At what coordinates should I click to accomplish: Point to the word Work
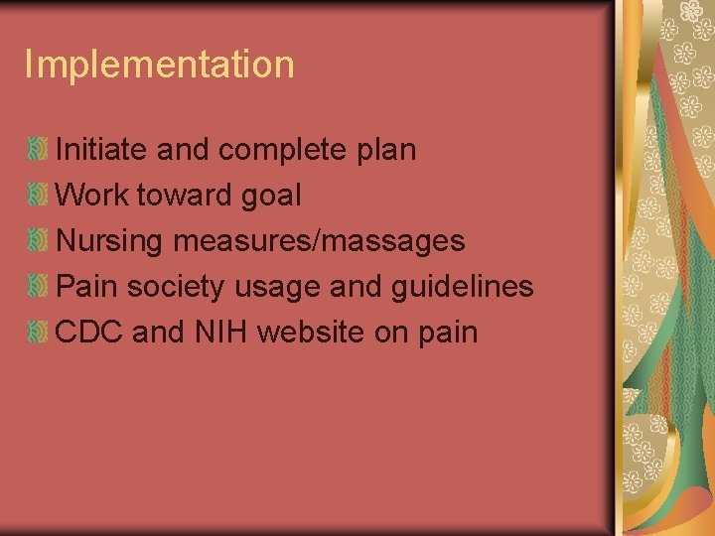pyautogui.click(x=92, y=196)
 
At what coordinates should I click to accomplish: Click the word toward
pyautogui.click(x=184, y=196)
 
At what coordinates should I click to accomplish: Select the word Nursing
pyautogui.click(x=110, y=241)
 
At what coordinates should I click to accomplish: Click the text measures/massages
pyautogui.click(x=319, y=241)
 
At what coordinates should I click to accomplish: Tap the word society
pyautogui.click(x=181, y=287)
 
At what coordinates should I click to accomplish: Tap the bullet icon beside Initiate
pyautogui.click(x=38, y=151)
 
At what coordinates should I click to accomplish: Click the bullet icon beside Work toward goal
pyautogui.click(x=38, y=196)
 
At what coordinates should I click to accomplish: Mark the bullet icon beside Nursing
pyautogui.click(x=38, y=241)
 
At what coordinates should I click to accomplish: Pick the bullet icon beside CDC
pyautogui.click(x=38, y=333)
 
